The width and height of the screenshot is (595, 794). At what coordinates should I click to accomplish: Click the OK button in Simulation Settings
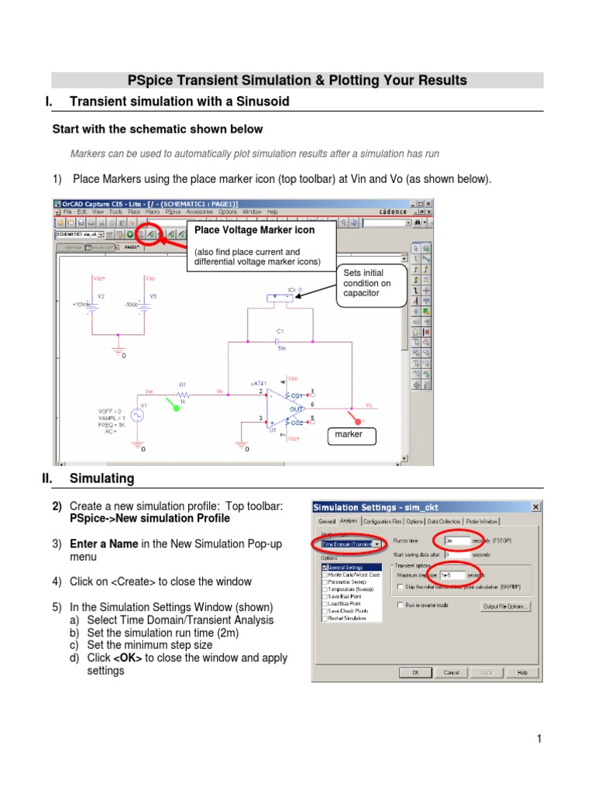(x=415, y=672)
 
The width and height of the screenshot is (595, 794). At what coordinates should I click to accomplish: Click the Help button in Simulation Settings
(x=522, y=672)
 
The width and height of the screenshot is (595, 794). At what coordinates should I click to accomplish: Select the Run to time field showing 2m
(x=457, y=540)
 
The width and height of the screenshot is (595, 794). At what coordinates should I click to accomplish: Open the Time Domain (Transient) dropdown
(x=377, y=544)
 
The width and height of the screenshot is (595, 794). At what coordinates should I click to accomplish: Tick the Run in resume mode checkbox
(x=400, y=604)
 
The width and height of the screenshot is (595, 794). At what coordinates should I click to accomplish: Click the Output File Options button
(x=506, y=606)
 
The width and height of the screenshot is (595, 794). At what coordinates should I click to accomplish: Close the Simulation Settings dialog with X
(x=535, y=507)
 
